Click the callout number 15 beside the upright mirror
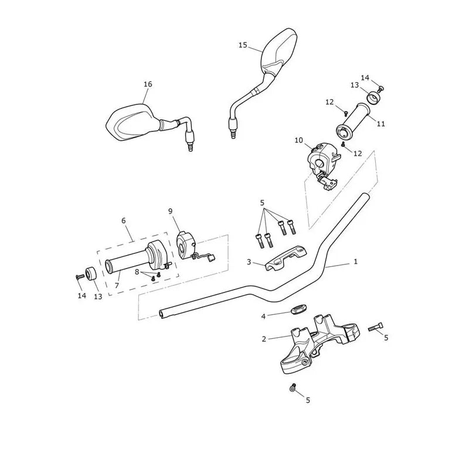click(243, 45)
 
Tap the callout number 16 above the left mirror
click(148, 84)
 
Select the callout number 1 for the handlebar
click(356, 261)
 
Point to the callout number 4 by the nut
click(263, 316)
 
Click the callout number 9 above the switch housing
click(171, 211)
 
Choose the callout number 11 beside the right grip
click(380, 123)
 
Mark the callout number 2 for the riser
click(263, 339)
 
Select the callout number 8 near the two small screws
click(137, 271)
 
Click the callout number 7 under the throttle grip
click(117, 286)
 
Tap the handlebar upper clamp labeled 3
click(286, 259)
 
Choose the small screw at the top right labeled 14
click(380, 89)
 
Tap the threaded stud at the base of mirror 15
click(233, 135)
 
